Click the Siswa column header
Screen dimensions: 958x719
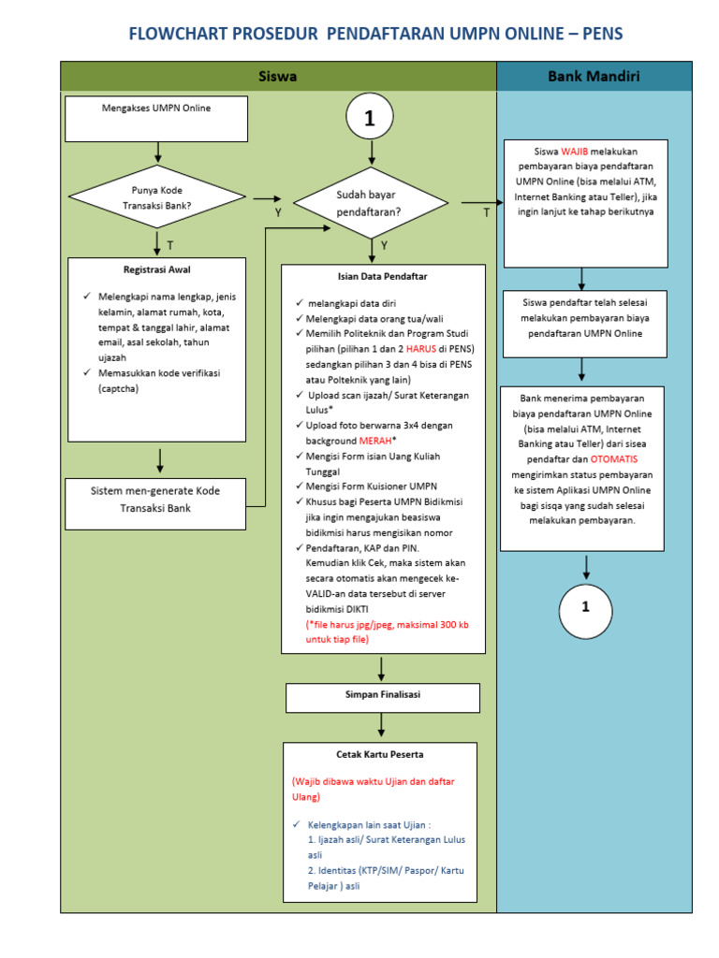[x=278, y=77]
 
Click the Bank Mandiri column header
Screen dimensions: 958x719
[x=594, y=77]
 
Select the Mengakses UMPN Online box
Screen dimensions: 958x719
[x=156, y=117]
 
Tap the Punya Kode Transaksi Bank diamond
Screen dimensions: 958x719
[x=157, y=198]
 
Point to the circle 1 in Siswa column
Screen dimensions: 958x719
[x=371, y=119]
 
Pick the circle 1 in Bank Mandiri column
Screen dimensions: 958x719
[x=585, y=607]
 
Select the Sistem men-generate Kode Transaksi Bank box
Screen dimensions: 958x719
[x=155, y=500]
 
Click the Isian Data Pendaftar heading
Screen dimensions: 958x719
[x=382, y=276]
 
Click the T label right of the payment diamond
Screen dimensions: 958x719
[x=486, y=213]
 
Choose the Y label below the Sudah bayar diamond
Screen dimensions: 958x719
[x=384, y=245]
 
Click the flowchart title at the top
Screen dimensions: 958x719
[x=374, y=35]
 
